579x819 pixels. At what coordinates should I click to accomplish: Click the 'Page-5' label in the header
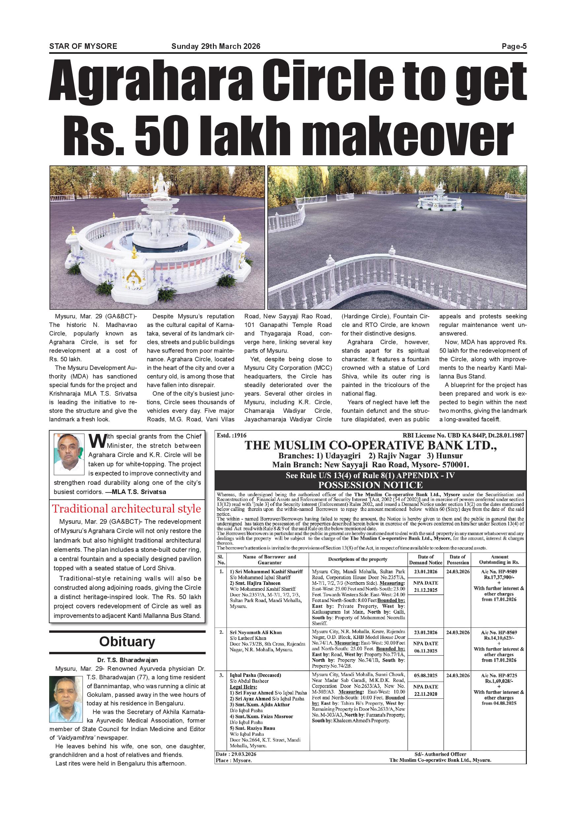514,46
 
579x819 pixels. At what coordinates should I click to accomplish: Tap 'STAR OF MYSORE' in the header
83,46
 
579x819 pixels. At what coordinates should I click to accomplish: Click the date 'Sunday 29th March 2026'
216,46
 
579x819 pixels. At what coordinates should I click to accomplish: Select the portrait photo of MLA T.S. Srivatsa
69,454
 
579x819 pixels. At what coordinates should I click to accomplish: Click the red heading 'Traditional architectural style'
126,509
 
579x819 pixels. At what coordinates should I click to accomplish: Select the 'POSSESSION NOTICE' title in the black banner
370,485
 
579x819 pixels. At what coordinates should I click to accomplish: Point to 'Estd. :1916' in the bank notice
231,436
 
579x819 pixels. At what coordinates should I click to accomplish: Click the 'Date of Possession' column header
458,559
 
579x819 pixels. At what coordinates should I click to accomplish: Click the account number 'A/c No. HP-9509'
499,571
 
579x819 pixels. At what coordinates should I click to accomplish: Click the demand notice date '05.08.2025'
426,676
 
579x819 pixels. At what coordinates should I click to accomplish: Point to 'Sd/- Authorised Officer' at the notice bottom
440,754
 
